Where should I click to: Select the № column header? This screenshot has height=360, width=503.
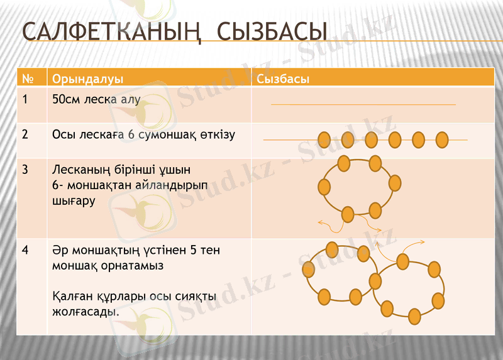click(x=28, y=79)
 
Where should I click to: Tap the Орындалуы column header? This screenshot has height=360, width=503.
click(x=87, y=79)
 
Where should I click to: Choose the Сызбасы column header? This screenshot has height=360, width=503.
click(x=282, y=79)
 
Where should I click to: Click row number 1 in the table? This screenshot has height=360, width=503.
click(x=25, y=99)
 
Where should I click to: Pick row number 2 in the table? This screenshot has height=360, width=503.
click(x=25, y=134)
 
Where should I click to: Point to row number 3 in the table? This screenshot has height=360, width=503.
click(x=25, y=170)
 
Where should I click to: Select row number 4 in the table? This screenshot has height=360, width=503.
click(x=25, y=250)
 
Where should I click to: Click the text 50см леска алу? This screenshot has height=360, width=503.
click(x=96, y=99)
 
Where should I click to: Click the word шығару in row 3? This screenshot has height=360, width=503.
click(x=74, y=201)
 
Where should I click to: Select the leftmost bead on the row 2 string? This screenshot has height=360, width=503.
click(x=324, y=139)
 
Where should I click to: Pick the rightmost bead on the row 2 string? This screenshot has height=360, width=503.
click(x=442, y=139)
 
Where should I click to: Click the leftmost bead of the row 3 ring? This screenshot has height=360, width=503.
click(x=324, y=187)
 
